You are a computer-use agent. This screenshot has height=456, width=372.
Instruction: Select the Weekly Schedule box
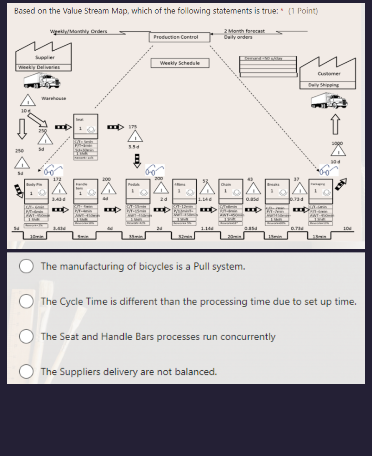(x=180, y=63)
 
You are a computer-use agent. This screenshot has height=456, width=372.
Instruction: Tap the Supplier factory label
(x=45, y=58)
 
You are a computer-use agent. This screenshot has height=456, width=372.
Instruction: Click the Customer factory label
(x=329, y=74)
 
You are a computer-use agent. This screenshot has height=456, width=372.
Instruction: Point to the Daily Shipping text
(x=323, y=85)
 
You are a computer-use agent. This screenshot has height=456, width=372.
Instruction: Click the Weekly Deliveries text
(x=39, y=67)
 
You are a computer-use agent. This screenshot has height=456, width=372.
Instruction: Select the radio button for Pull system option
(x=26, y=266)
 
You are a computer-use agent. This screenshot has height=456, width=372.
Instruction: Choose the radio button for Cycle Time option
(x=26, y=301)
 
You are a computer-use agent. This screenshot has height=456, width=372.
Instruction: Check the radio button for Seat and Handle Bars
(x=26, y=336)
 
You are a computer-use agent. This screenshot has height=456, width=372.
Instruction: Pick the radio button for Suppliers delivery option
(x=26, y=372)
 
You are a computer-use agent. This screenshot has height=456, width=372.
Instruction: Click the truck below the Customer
(x=329, y=102)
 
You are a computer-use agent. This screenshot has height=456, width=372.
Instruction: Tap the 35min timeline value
(x=136, y=237)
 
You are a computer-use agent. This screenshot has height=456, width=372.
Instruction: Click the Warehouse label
(x=53, y=99)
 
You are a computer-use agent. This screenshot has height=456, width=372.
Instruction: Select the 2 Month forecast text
(x=244, y=31)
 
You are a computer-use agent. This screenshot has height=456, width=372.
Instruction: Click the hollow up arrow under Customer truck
(x=336, y=125)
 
